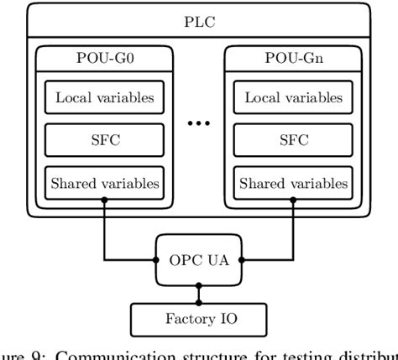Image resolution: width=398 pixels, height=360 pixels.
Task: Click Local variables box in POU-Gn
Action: click(295, 97)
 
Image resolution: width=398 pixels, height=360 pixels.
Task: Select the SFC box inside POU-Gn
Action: click(295, 139)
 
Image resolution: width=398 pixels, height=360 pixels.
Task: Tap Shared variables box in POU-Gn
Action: click(295, 180)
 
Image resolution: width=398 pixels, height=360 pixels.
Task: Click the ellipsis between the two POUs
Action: click(200, 123)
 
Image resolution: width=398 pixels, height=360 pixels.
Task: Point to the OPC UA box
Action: click(199, 260)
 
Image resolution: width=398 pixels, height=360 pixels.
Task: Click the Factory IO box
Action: click(199, 318)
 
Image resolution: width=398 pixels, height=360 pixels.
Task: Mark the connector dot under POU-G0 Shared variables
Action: click(104, 199)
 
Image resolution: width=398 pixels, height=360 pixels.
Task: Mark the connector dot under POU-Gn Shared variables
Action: click(295, 199)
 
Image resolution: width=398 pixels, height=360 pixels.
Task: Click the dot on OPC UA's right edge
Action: click(242, 260)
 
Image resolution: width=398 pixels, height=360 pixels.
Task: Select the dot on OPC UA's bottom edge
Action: click(199, 286)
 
